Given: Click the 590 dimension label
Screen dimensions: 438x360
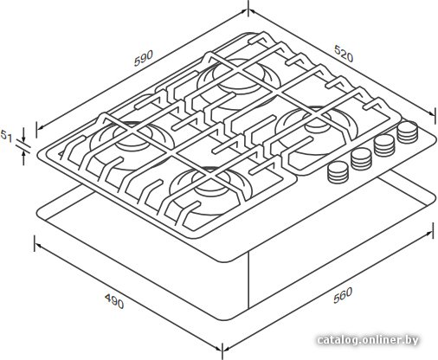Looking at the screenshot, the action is [x=144, y=58].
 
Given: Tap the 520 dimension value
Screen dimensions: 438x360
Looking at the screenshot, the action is [x=344, y=54].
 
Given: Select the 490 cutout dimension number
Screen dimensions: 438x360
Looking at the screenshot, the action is [x=114, y=301].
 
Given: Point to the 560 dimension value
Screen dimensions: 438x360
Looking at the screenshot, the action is [x=343, y=295].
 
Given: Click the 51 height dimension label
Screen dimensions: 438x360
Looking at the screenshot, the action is [x=6, y=136].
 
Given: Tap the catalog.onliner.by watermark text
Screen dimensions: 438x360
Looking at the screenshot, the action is [x=368, y=340].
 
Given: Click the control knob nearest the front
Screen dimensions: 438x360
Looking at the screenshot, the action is [x=338, y=172].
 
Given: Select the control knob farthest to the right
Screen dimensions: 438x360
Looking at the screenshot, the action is [x=408, y=132].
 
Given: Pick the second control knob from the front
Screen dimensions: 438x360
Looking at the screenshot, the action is [x=361, y=159].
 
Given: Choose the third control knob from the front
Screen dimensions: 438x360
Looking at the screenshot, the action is [x=384, y=145].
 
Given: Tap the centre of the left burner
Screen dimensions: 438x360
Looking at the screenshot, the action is [x=132, y=137].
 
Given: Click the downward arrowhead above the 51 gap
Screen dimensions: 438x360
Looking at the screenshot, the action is [x=24, y=139].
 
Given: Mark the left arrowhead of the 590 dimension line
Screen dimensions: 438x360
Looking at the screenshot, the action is [x=40, y=128].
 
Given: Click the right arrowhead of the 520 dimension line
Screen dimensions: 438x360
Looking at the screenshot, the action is [x=431, y=112].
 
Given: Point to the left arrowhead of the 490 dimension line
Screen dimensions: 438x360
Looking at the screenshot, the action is [x=38, y=245].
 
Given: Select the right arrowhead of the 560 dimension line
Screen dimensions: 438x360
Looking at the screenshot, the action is [x=429, y=233].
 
